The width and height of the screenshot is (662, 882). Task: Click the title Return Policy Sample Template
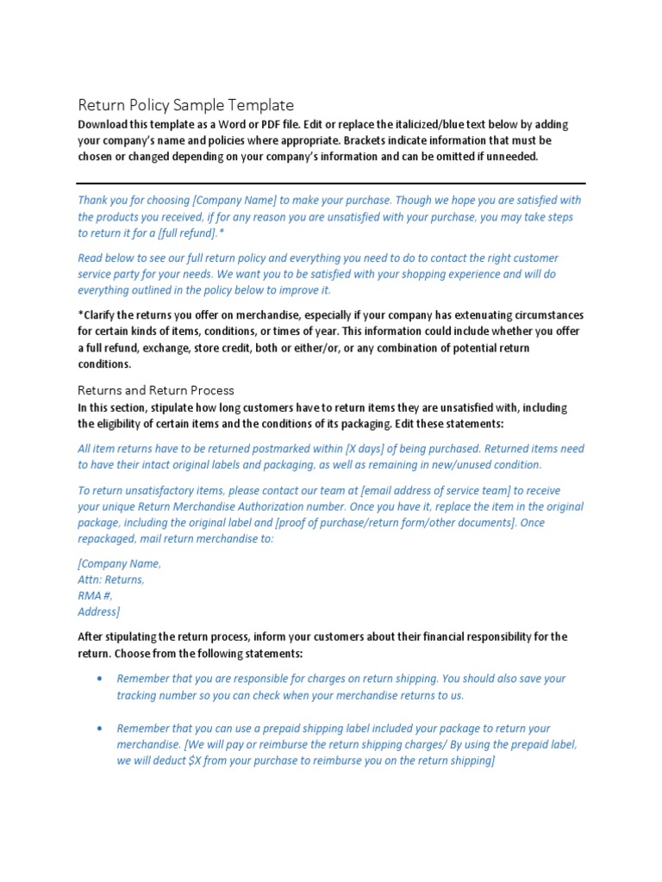pos(186,105)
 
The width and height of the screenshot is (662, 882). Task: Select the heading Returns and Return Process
pos(156,390)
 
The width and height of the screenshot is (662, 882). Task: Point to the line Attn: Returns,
pos(111,580)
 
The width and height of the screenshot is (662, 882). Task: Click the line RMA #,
pos(95,595)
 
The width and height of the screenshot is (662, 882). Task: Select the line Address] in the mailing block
pos(98,612)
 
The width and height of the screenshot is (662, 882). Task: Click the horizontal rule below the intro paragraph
pos(331,183)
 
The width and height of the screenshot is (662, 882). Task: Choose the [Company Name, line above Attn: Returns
pos(119,563)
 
